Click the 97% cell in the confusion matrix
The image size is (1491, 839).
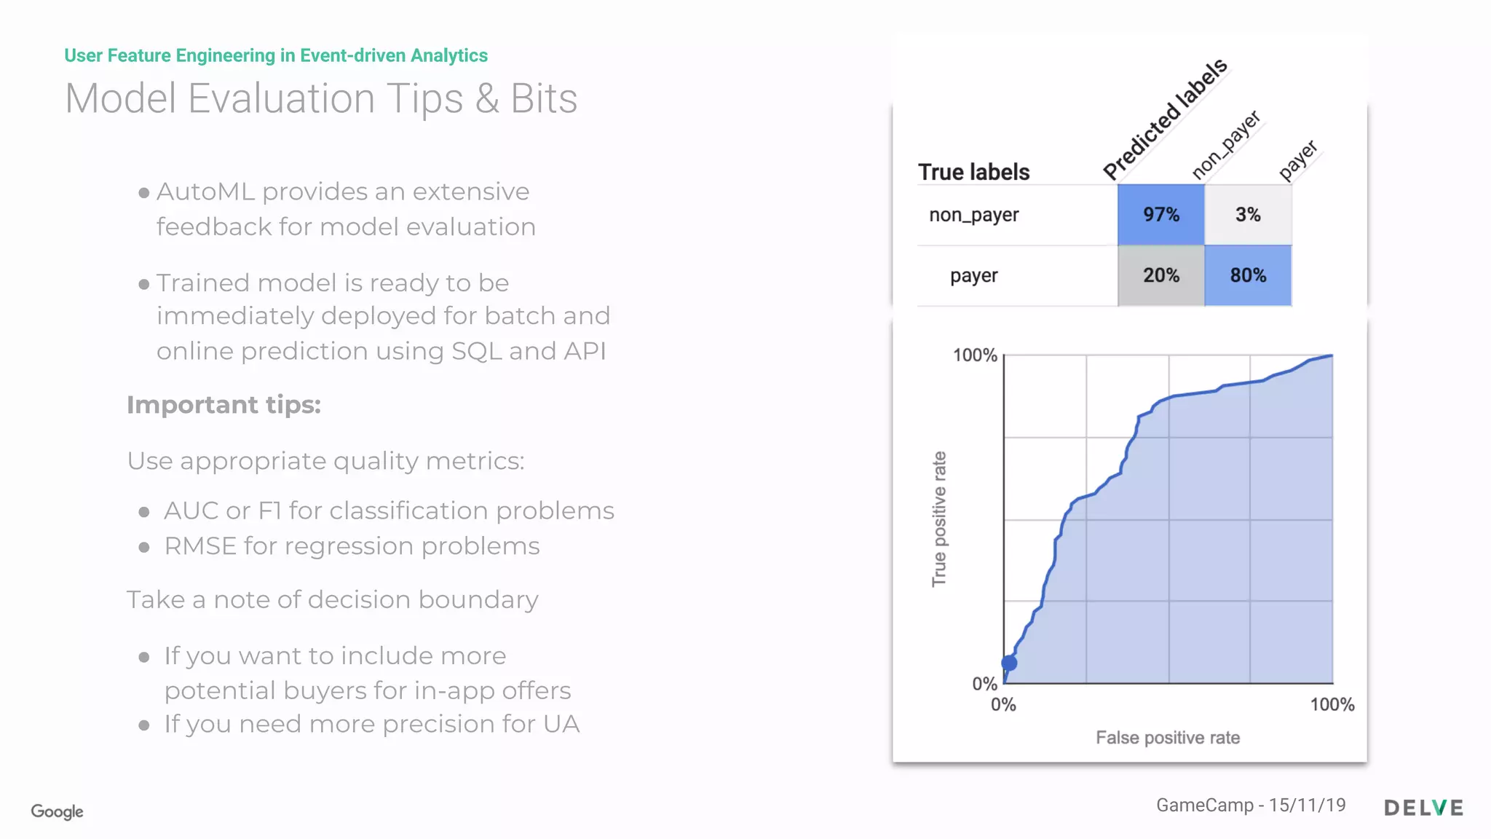pos(1160,214)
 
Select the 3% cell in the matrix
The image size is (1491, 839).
pos(1248,214)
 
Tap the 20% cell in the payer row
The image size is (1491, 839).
pos(1160,275)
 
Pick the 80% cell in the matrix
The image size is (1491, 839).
pos(1248,275)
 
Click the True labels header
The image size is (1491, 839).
pos(973,172)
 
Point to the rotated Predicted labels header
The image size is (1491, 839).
pos(1165,119)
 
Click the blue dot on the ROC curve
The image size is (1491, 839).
pos(1009,663)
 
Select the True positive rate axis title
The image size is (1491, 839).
pos(939,519)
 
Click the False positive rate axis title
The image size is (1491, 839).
pos(1168,738)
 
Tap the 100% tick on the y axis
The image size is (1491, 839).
pos(975,355)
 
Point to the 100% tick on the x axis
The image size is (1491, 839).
pos(1332,704)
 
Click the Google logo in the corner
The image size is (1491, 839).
pos(57,811)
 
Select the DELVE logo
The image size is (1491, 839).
pos(1423,808)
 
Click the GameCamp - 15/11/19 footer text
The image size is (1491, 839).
pos(1251,805)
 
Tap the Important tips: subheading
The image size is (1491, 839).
pos(224,405)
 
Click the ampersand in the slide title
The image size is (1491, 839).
pos(487,99)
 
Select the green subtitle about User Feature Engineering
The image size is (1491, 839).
pos(276,55)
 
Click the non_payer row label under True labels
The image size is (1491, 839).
pos(973,215)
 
